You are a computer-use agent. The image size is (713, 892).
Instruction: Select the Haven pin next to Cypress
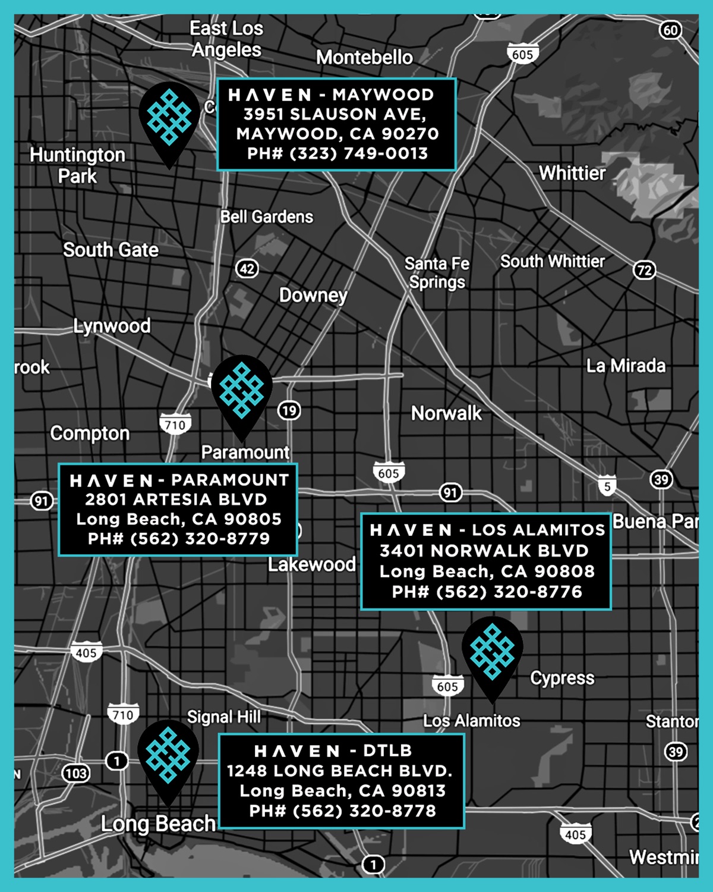click(x=492, y=653)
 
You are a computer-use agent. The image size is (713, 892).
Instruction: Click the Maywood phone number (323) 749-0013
click(x=337, y=153)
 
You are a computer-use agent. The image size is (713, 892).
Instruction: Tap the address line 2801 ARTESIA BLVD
click(x=176, y=500)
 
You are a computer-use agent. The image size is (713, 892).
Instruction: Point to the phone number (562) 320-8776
click(x=487, y=592)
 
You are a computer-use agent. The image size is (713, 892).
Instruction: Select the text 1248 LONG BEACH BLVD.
click(x=339, y=771)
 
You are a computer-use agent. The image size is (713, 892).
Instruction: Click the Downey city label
click(x=313, y=295)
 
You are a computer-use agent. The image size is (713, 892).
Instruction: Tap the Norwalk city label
click(x=446, y=413)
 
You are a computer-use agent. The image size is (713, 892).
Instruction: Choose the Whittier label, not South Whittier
click(x=572, y=173)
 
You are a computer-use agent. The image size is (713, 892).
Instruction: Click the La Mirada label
click(x=626, y=366)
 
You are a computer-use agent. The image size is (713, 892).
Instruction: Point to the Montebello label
click(x=364, y=58)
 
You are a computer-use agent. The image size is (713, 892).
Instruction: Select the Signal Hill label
click(x=224, y=717)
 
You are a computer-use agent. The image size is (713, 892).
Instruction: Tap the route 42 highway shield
click(x=247, y=269)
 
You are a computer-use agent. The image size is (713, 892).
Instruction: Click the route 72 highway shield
click(x=645, y=271)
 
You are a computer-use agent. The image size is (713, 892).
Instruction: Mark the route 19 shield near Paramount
click(x=289, y=410)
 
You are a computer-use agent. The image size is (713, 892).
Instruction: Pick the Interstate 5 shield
click(x=607, y=486)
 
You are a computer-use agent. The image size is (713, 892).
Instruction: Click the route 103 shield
click(x=76, y=774)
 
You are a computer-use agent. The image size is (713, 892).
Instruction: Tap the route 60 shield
click(x=670, y=30)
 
